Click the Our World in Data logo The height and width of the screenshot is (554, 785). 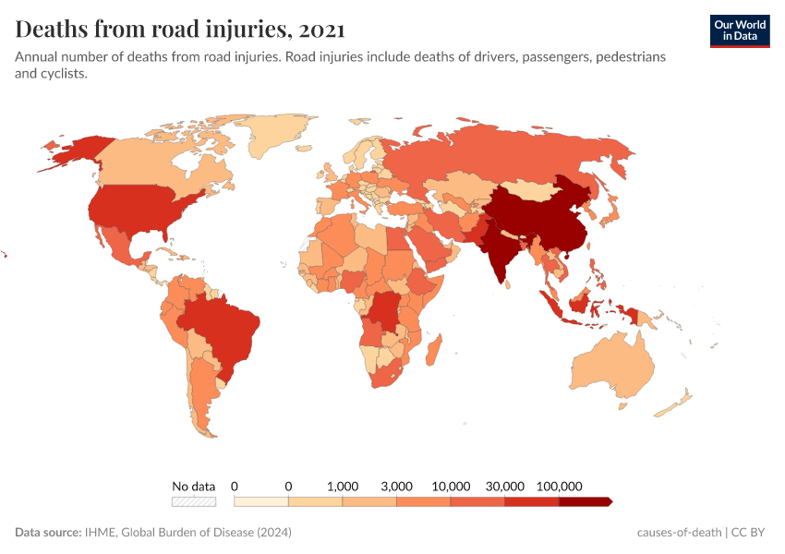click(x=739, y=30)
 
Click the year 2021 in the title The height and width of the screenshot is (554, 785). click(x=323, y=29)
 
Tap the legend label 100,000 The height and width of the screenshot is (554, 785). click(x=559, y=486)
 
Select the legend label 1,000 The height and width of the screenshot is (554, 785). click(x=343, y=486)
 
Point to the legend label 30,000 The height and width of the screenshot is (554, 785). click(x=505, y=486)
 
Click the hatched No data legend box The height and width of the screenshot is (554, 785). click(x=194, y=501)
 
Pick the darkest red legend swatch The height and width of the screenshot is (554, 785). click(x=585, y=501)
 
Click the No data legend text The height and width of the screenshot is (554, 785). click(x=194, y=486)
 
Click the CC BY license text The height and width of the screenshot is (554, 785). click(x=751, y=533)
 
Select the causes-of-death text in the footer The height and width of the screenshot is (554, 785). click(x=679, y=533)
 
